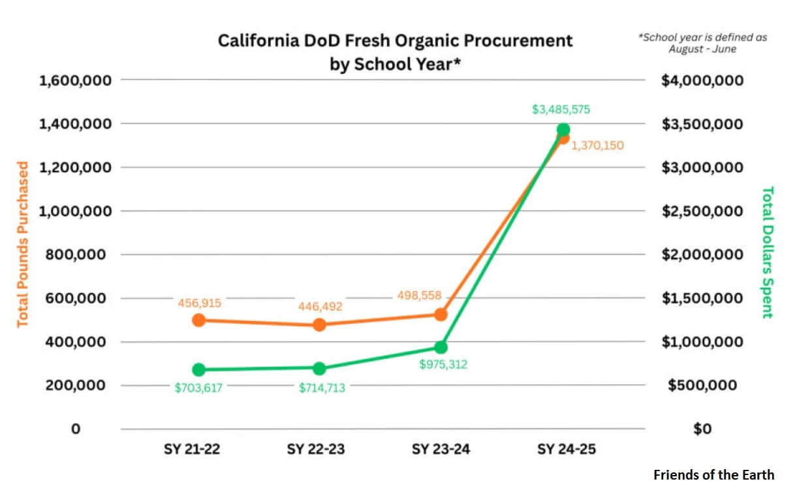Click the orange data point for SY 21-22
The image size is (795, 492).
tap(199, 320)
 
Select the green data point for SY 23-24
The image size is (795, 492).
tap(441, 347)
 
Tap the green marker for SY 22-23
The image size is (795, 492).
tap(319, 369)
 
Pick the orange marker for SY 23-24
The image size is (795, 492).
tap(441, 314)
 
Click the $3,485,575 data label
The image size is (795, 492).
tap(561, 110)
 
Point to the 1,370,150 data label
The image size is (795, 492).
tap(597, 146)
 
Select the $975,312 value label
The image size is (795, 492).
tap(443, 365)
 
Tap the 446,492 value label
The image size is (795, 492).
tap(319, 306)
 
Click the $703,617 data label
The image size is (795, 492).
tap(198, 388)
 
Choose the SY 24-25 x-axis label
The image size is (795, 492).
tap(567, 450)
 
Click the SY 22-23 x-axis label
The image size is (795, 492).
tap(316, 450)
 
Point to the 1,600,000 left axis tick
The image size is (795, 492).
tap(76, 80)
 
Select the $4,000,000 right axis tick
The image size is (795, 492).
tap(702, 80)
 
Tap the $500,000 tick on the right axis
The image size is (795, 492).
tap(702, 385)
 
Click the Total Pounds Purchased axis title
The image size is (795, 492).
tap(23, 244)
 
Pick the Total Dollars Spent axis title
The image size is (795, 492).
tap(768, 252)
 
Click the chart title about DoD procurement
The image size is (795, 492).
tap(395, 52)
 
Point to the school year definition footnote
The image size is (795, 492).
tap(702, 43)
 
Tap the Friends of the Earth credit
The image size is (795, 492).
tap(713, 474)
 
